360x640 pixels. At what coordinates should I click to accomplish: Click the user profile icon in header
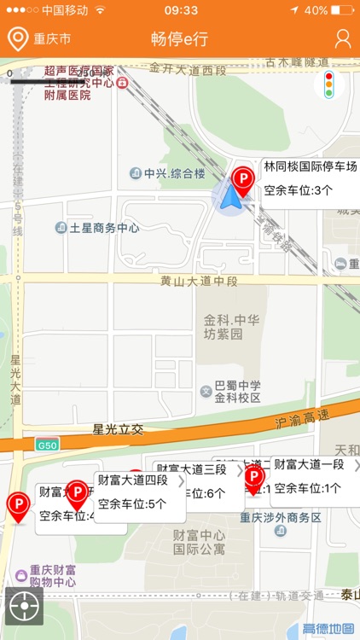(x=343, y=38)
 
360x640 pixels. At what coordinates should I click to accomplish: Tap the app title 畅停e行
(x=179, y=38)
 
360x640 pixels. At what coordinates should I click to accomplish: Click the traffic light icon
(x=329, y=84)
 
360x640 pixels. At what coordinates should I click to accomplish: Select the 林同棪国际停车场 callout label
(x=310, y=166)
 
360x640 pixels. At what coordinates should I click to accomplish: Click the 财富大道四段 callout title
(x=132, y=480)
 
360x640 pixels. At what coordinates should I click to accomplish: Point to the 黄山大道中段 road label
(x=199, y=281)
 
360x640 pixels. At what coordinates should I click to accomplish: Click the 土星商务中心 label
(x=103, y=228)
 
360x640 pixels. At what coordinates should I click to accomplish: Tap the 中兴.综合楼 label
(x=174, y=173)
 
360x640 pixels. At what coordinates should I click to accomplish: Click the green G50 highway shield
(x=47, y=445)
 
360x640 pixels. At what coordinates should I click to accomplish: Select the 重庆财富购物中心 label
(x=53, y=576)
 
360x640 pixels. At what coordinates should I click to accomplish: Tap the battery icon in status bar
(x=344, y=10)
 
